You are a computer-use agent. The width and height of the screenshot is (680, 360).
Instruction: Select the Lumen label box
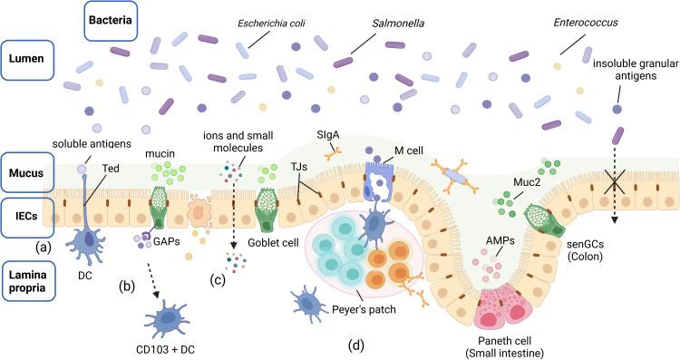(30, 57)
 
